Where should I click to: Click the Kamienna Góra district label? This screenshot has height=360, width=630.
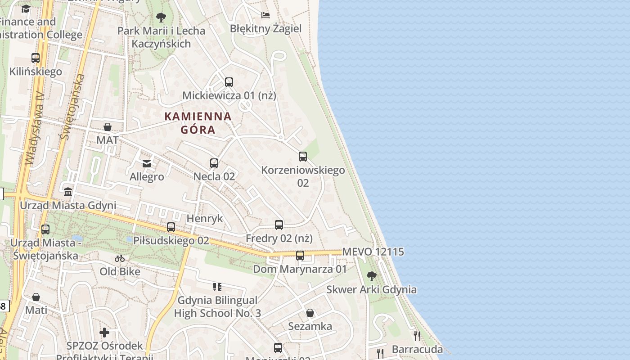click(198, 123)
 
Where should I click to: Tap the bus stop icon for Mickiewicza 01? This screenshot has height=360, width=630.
click(229, 82)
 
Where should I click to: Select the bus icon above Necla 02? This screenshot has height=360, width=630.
click(214, 163)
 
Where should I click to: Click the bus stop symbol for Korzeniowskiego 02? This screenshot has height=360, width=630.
click(303, 157)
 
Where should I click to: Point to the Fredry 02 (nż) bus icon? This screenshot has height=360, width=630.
click(279, 225)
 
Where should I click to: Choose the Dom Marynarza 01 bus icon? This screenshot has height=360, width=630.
click(300, 256)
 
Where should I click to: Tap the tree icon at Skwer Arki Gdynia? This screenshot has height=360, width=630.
click(372, 276)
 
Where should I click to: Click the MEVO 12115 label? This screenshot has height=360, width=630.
click(373, 252)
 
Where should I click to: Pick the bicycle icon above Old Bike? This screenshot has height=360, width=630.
click(120, 258)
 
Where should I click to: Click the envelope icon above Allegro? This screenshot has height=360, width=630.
click(147, 163)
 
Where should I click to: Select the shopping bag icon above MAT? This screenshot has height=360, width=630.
click(108, 127)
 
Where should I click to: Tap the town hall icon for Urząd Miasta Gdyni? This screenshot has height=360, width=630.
click(68, 192)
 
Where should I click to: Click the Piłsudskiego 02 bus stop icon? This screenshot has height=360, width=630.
click(171, 227)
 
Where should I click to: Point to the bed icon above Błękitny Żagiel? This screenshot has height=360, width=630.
click(265, 15)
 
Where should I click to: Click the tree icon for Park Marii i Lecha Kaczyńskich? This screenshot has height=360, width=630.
click(161, 18)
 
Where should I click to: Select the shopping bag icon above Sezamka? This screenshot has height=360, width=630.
click(310, 313)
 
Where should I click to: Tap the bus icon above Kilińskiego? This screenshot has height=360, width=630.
click(36, 58)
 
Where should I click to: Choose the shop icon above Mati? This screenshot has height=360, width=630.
click(36, 297)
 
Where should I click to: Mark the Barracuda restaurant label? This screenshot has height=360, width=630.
click(417, 349)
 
